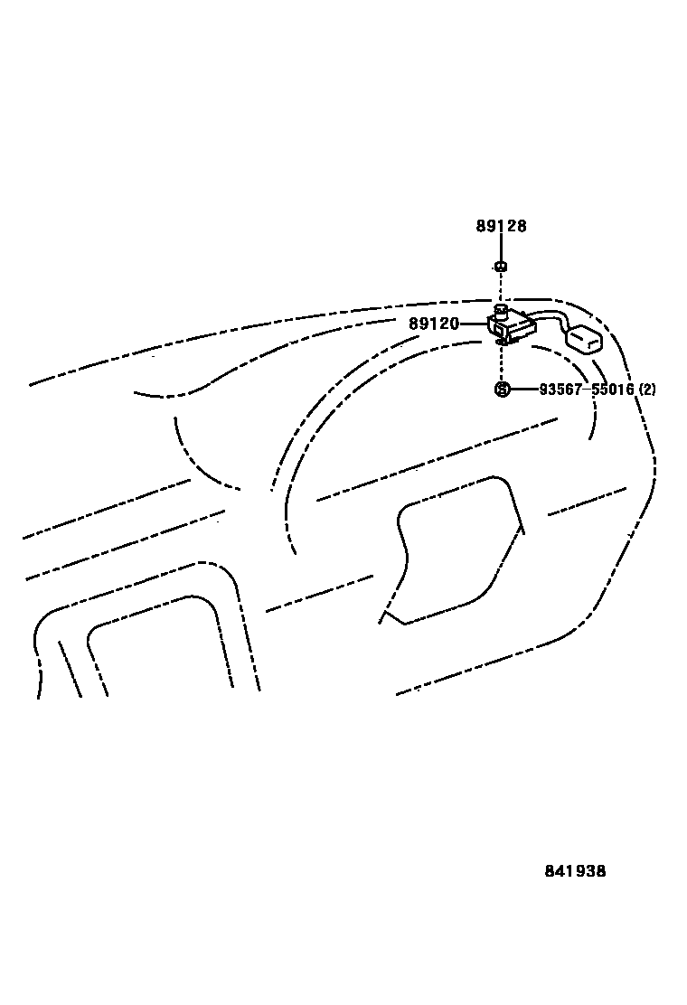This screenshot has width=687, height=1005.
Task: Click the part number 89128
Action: click(501, 226)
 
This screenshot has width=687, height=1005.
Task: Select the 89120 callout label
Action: click(434, 324)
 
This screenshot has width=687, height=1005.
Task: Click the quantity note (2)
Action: click(647, 390)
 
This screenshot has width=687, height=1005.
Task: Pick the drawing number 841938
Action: click(575, 871)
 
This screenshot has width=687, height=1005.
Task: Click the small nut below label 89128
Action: click(500, 267)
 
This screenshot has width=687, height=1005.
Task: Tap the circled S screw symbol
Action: click(502, 390)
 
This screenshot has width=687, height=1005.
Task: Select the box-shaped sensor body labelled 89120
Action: click(511, 326)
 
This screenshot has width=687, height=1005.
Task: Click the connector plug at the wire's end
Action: click(583, 340)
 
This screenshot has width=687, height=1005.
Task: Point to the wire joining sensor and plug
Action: click(546, 315)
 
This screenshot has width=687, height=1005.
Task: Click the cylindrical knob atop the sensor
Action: click(500, 310)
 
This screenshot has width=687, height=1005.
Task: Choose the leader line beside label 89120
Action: click(474, 324)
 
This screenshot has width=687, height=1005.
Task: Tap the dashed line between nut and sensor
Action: click(500, 287)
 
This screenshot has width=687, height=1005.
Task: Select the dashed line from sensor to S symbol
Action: click(500, 363)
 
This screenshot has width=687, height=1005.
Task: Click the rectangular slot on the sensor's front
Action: click(501, 331)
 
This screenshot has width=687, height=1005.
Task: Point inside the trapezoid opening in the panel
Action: click(456, 551)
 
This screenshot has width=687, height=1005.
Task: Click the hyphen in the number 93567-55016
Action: click(586, 390)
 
